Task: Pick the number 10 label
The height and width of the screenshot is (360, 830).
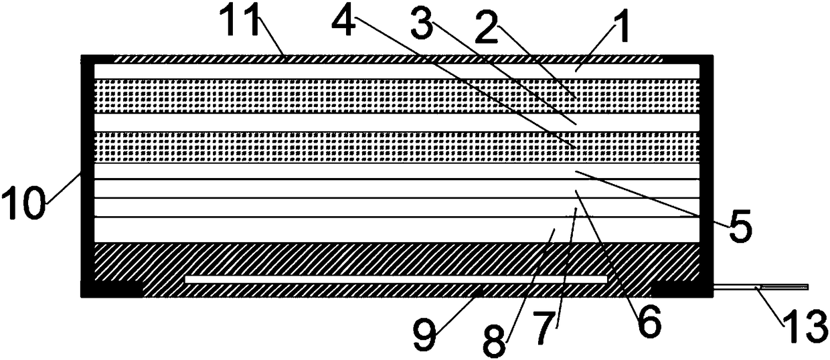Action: (25, 201)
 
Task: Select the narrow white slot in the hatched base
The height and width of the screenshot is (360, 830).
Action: (395, 278)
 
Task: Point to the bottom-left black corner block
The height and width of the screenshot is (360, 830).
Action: (110, 288)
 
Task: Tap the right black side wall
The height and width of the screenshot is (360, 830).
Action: (706, 167)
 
